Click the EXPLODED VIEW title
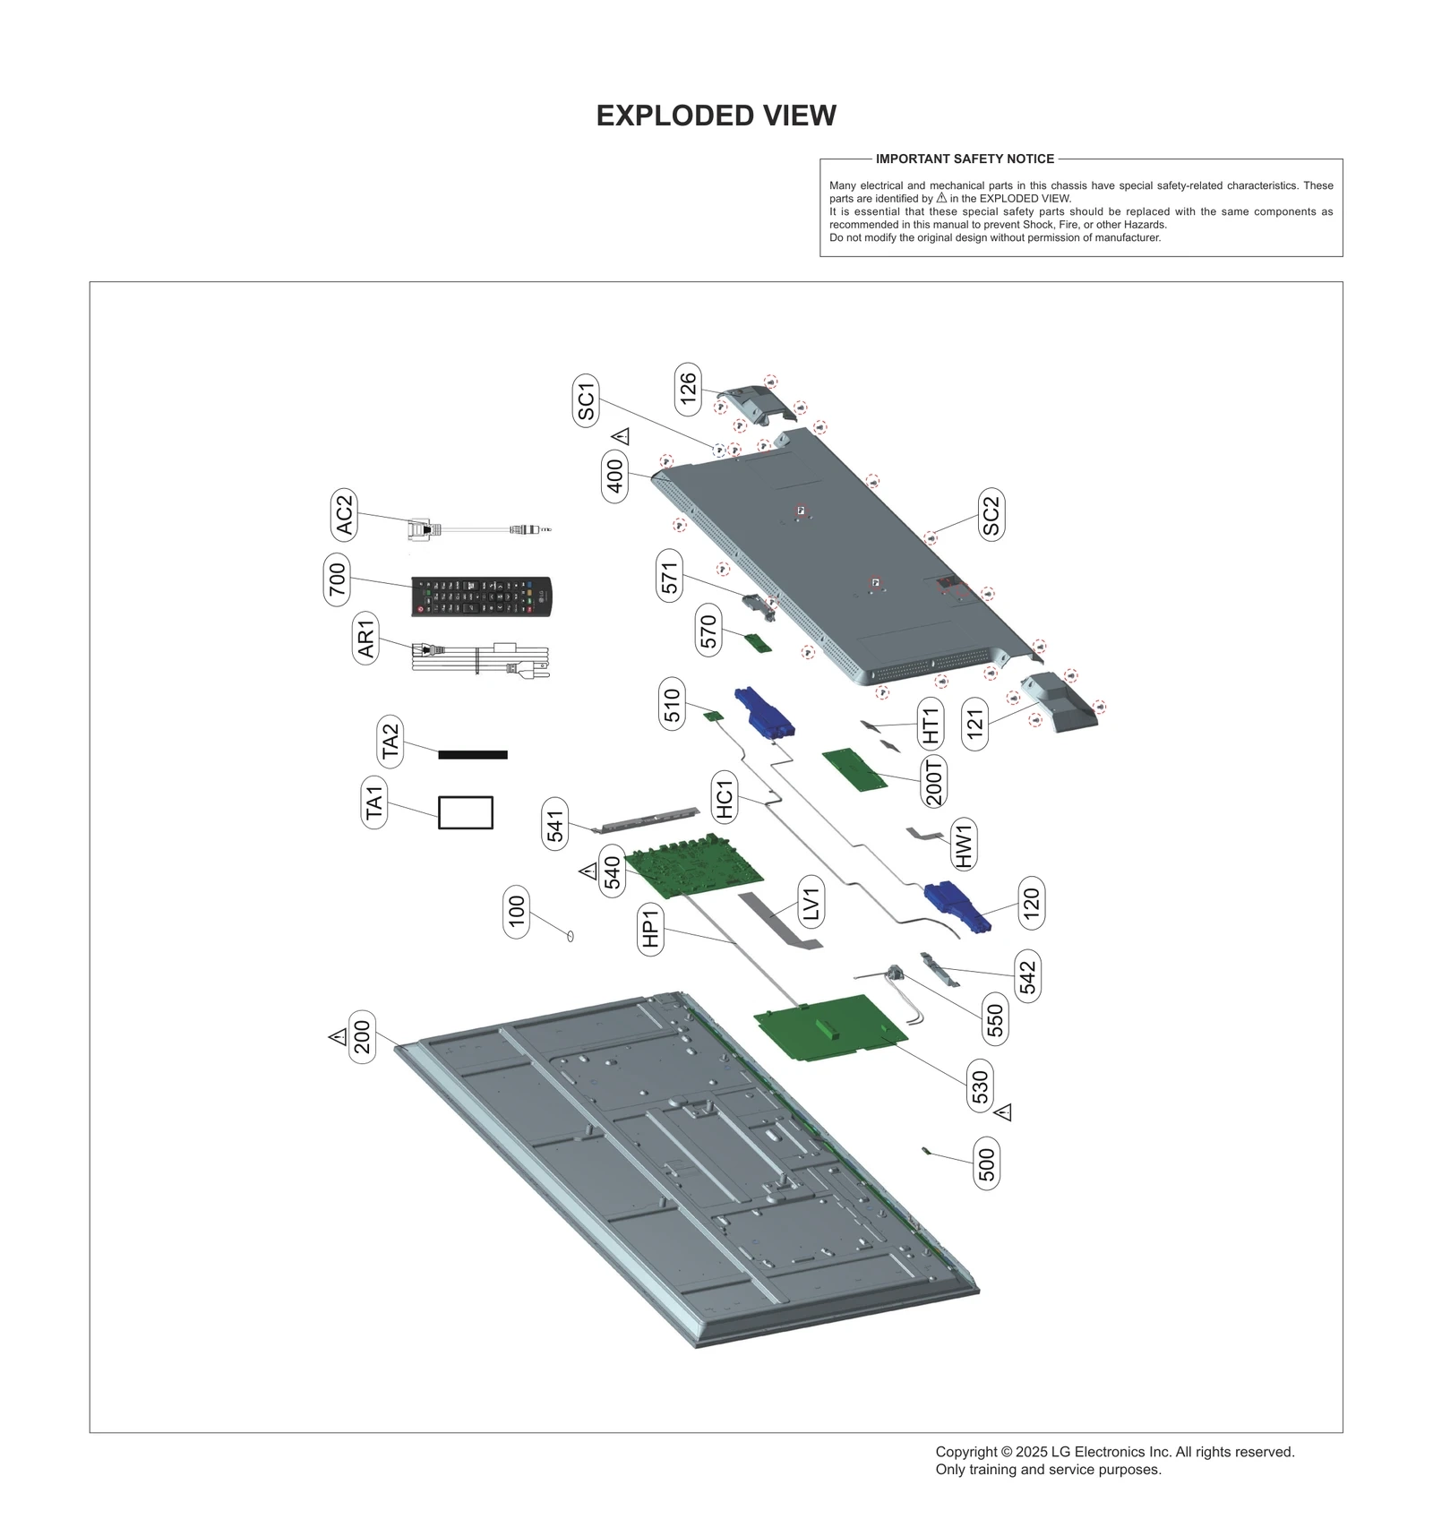coord(716,116)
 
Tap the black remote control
coord(482,596)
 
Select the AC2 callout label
coord(344,515)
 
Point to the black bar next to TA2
coord(473,754)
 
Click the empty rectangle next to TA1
coord(465,811)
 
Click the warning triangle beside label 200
coord(338,1036)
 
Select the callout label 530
coord(980,1086)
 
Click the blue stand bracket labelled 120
coord(957,905)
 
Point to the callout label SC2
coord(990,514)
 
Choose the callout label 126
coord(687,390)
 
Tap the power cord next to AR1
coord(479,658)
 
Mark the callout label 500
coord(986,1164)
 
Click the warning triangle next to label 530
coord(1003,1112)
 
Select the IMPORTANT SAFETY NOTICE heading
coord(965,159)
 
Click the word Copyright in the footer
coord(965,1451)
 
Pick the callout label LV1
coord(811,904)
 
